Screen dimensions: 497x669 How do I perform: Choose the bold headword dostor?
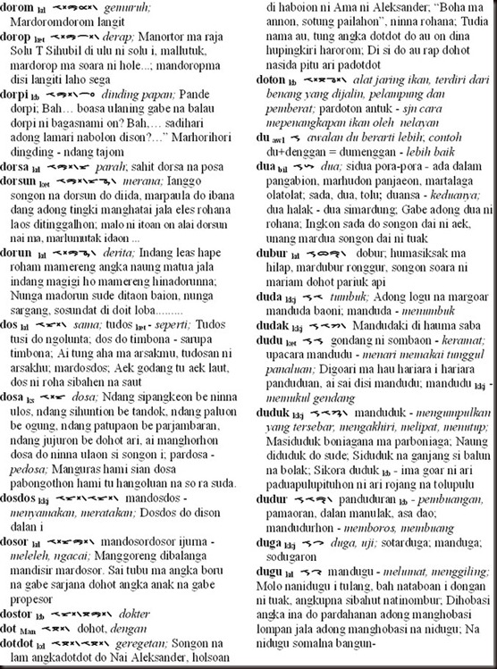pos(18,615)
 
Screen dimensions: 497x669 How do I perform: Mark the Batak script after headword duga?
pos(313,541)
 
